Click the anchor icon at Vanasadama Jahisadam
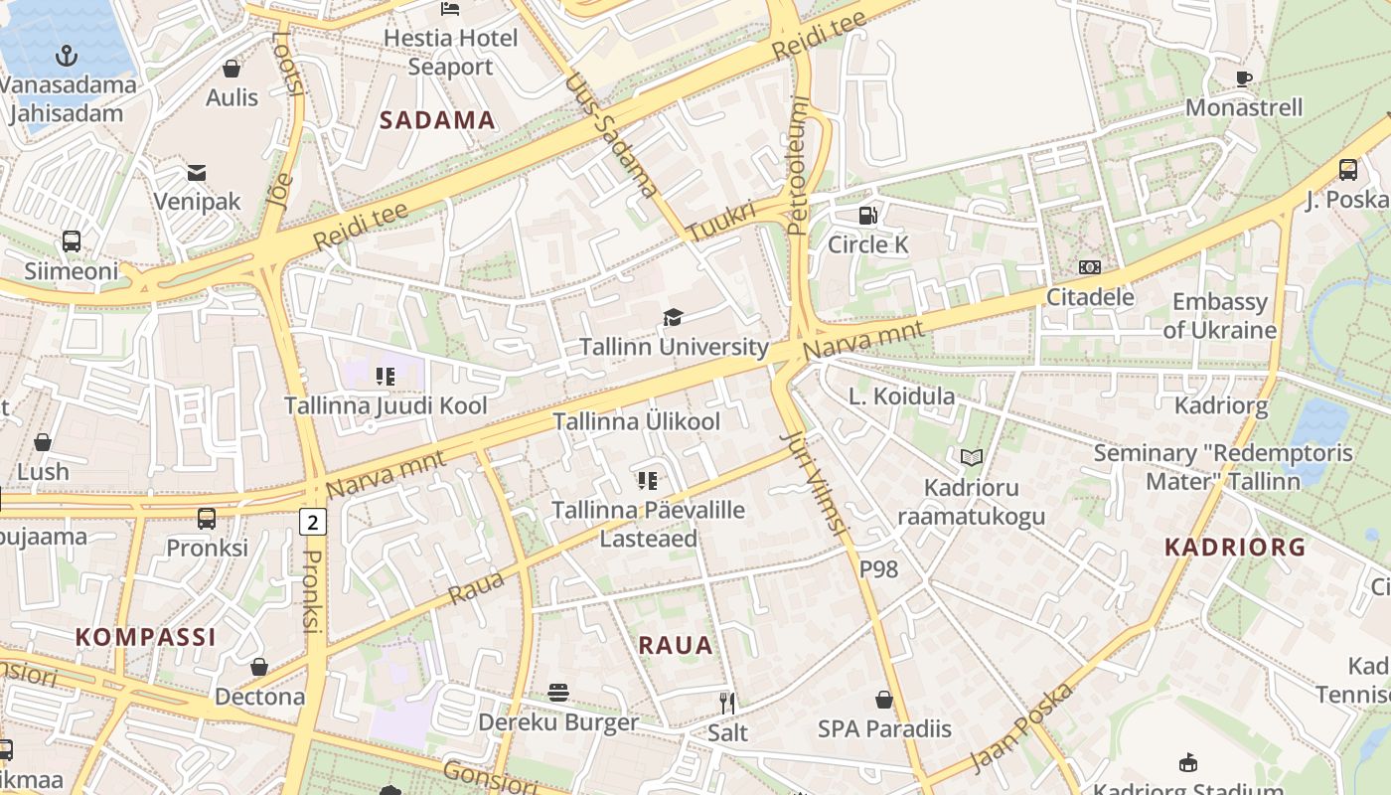(68, 55)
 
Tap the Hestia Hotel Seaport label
(450, 52)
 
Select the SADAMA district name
(437, 120)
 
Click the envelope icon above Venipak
(196, 173)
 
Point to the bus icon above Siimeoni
(72, 240)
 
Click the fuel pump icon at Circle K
(867, 215)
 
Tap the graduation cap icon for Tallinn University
(674, 318)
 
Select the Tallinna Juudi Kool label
(386, 405)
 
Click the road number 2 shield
(313, 521)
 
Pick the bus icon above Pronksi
(207, 518)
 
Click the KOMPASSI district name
(146, 637)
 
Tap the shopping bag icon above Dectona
(259, 667)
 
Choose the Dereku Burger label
(558, 721)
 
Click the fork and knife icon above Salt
(727, 704)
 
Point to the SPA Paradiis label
(883, 728)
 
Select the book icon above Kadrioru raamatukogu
(971, 458)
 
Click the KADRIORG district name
(1234, 547)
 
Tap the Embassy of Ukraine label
(1219, 316)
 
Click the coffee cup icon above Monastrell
(1243, 79)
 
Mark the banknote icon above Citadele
(1090, 267)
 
